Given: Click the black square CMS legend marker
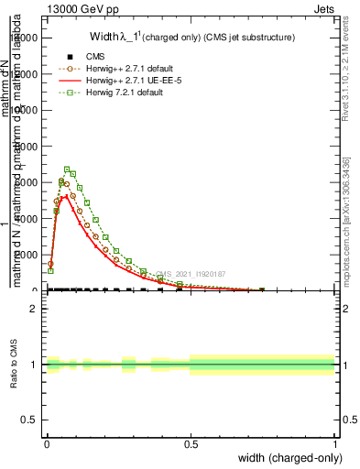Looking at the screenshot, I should tap(67, 56).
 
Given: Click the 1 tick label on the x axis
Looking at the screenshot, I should tap(334, 443).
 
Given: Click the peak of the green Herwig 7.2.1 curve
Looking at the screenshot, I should tap(67, 169).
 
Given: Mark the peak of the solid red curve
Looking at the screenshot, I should tap(62, 196).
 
